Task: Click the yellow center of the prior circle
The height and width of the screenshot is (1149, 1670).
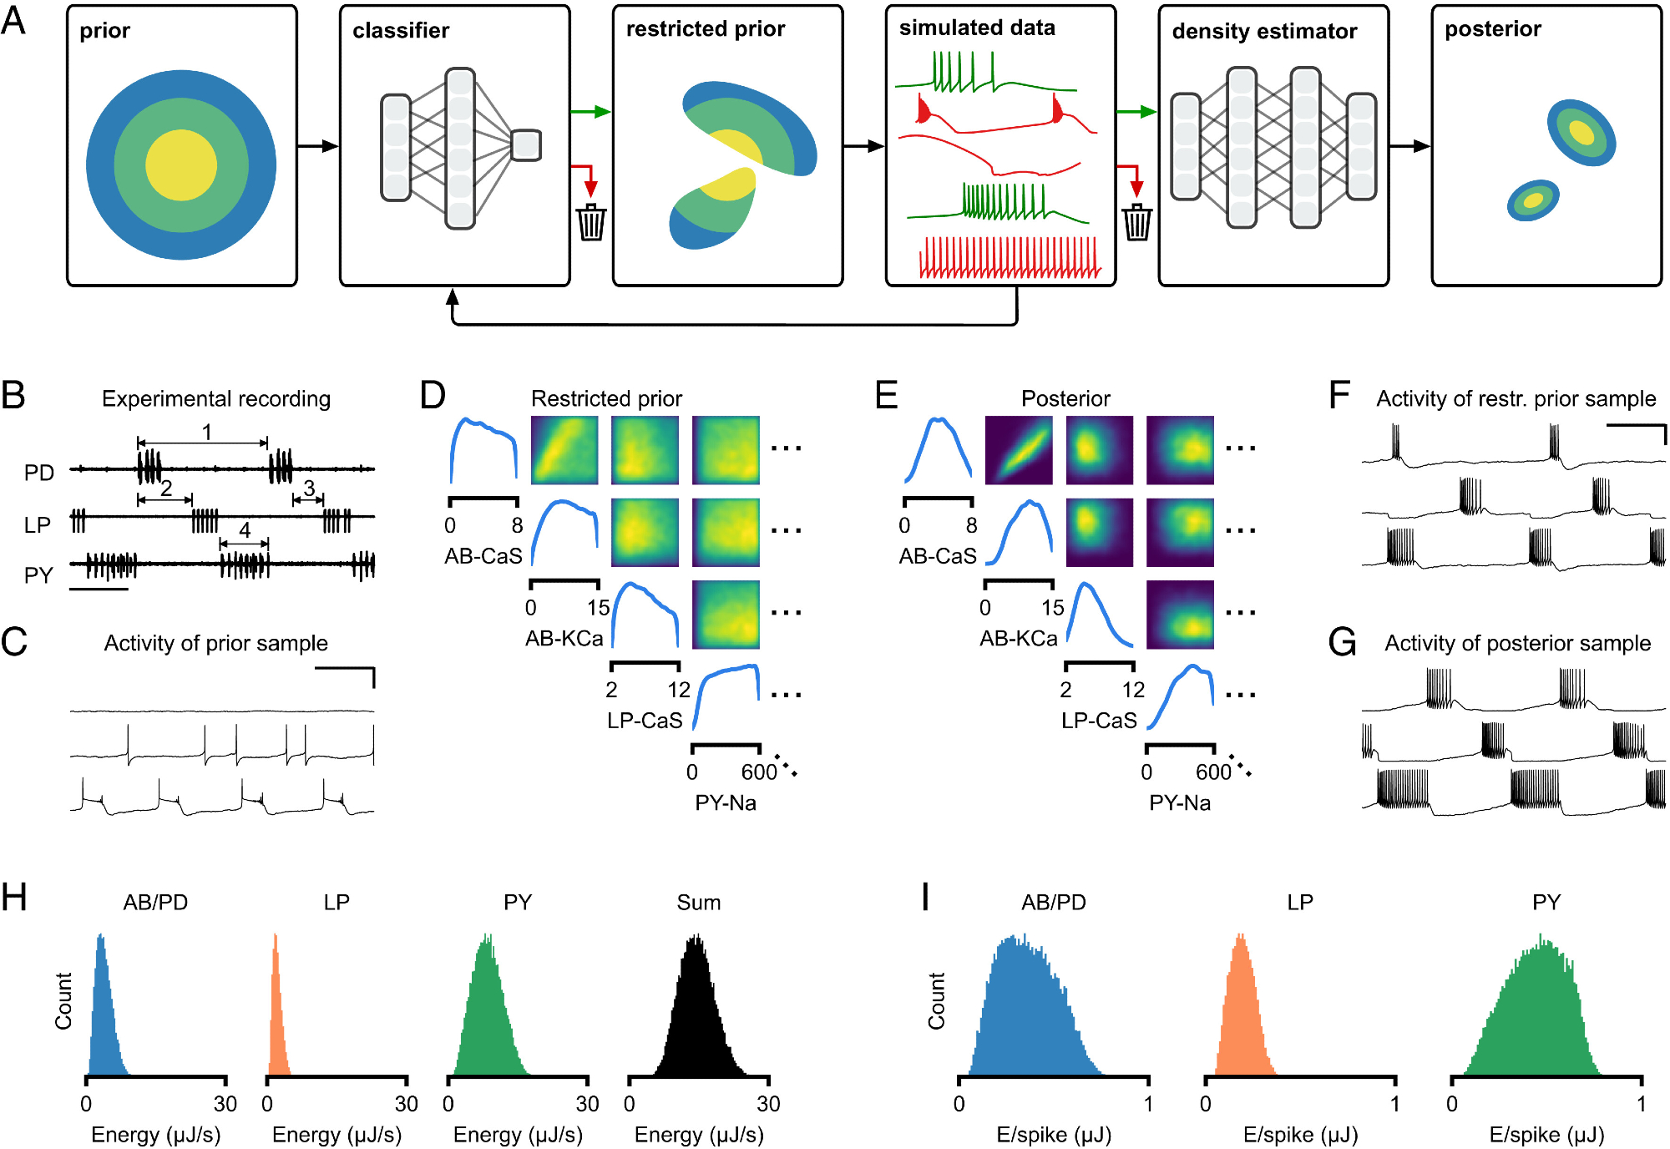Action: tap(181, 165)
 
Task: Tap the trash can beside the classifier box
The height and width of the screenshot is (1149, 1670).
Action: tap(591, 222)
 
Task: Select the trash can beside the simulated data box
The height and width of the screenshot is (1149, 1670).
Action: tap(1136, 222)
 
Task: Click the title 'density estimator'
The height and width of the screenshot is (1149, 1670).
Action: tap(1264, 32)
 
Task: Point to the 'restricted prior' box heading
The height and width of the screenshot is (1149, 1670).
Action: tap(706, 29)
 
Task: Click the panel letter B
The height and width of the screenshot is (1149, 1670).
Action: tap(13, 396)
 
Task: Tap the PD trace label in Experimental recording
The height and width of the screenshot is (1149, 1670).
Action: tap(39, 473)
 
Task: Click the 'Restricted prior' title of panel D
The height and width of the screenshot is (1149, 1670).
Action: tap(606, 398)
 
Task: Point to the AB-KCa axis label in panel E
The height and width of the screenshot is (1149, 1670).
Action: tap(1018, 639)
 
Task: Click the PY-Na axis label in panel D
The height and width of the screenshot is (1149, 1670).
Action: tap(726, 803)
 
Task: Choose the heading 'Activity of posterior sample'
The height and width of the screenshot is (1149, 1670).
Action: tap(1517, 643)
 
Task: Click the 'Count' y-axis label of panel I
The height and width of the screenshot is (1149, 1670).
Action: tap(936, 1000)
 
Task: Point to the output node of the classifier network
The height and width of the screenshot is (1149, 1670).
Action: tap(526, 145)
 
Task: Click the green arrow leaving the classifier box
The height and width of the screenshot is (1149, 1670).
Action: tap(590, 112)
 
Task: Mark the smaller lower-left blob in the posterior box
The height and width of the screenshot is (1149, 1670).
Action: tap(1533, 200)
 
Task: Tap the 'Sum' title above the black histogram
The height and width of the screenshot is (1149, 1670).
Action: tap(698, 903)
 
